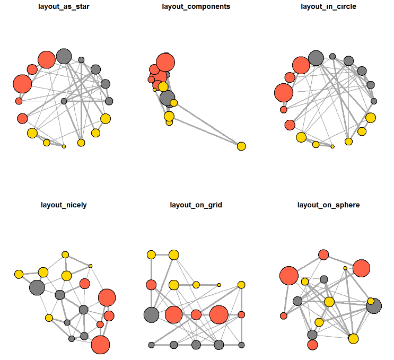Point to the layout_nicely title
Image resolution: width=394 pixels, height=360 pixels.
point(64,205)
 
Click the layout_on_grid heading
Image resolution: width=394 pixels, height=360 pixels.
point(196,205)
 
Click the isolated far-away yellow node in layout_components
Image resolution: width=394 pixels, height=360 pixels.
point(241,146)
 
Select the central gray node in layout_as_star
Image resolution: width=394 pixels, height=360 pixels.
point(64,101)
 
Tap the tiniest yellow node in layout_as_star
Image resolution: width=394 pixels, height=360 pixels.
point(64,146)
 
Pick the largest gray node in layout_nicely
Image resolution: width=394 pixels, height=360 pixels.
point(37,288)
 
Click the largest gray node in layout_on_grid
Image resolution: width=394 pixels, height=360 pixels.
point(151,314)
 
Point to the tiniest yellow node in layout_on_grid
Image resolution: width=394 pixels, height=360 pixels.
point(219,285)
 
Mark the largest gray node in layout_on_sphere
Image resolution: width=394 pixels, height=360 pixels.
point(374,306)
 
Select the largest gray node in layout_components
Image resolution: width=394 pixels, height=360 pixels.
point(167,98)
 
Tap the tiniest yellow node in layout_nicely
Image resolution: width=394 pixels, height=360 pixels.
point(91,266)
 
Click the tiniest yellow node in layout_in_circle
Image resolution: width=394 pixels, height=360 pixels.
point(332,146)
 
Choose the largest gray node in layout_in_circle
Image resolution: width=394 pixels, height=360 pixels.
point(316,58)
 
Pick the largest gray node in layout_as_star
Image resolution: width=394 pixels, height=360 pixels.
point(64,56)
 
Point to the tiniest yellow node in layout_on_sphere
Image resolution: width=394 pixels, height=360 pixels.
point(345,268)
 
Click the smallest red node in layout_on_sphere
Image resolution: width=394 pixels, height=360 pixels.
point(284,316)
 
